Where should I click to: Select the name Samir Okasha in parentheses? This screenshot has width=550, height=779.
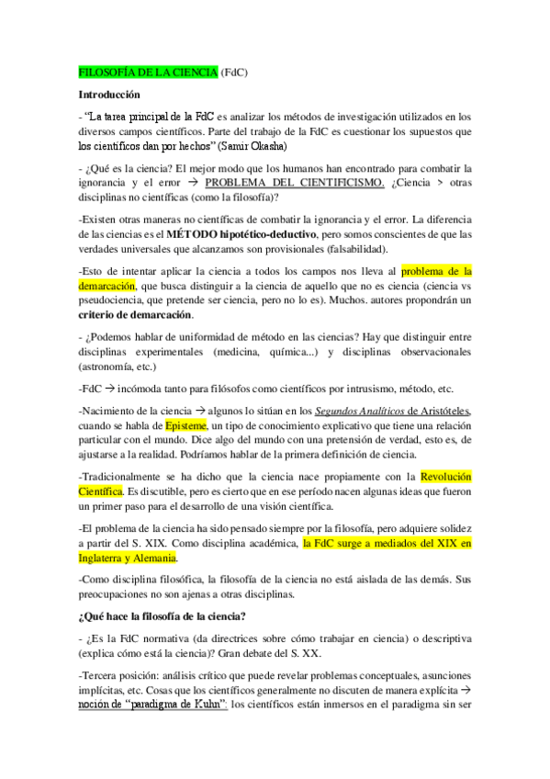click(x=257, y=145)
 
